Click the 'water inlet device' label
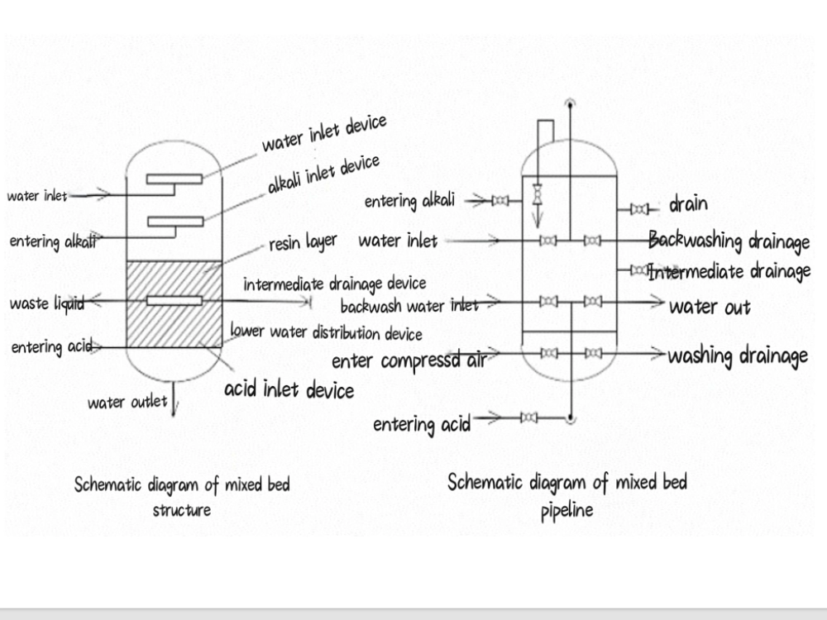pyautogui.click(x=324, y=134)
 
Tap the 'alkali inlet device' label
pyautogui.click(x=323, y=174)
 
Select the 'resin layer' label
pyautogui.click(x=303, y=243)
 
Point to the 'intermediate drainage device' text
pyautogui.click(x=335, y=284)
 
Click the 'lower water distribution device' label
pyautogui.click(x=326, y=333)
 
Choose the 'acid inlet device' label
pyautogui.click(x=289, y=389)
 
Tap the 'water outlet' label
pyautogui.click(x=127, y=403)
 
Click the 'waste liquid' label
pyautogui.click(x=46, y=304)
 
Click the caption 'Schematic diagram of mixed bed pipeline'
pyautogui.click(x=567, y=494)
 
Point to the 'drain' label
pyautogui.click(x=688, y=204)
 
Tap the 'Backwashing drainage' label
pyautogui.click(x=729, y=241)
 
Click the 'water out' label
pyautogui.click(x=710, y=308)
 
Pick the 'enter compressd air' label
pyautogui.click(x=407, y=361)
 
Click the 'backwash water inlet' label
pyautogui.click(x=409, y=306)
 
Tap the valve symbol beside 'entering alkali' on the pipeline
pyautogui.click(x=500, y=200)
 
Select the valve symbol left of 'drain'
pyautogui.click(x=640, y=208)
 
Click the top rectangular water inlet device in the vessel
pyautogui.click(x=174, y=179)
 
